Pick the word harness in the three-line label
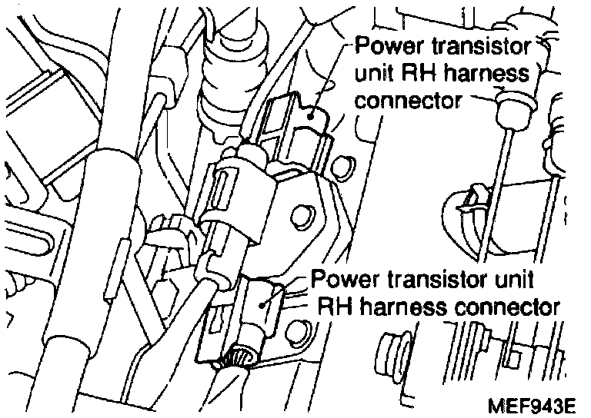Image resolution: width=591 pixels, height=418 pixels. [492, 74]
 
